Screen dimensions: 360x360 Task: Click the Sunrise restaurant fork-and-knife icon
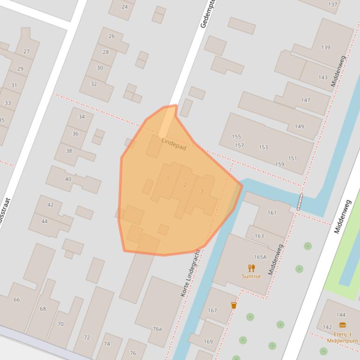click(x=251, y=268)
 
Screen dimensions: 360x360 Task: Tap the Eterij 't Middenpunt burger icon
click(x=342, y=325)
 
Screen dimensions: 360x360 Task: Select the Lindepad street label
click(x=174, y=144)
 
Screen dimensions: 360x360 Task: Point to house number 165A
click(x=260, y=257)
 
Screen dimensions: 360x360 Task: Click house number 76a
click(x=157, y=329)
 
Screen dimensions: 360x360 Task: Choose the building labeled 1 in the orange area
click(x=168, y=178)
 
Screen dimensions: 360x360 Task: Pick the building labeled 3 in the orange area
click(x=202, y=191)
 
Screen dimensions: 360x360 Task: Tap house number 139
click(x=325, y=47)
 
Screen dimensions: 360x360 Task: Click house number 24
click(x=124, y=7)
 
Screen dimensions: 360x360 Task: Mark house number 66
click(x=17, y=300)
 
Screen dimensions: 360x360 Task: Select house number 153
click(x=264, y=147)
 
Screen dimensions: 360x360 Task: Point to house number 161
click(x=272, y=213)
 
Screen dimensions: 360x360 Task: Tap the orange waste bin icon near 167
click(x=234, y=305)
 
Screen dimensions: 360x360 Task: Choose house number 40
click(x=68, y=179)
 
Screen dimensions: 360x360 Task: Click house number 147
click(x=306, y=100)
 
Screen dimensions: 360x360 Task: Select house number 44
click(x=44, y=221)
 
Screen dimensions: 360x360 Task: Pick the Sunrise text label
click(x=251, y=276)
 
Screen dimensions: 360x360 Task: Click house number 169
click(x=208, y=341)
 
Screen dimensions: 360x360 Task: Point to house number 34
click(x=82, y=117)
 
